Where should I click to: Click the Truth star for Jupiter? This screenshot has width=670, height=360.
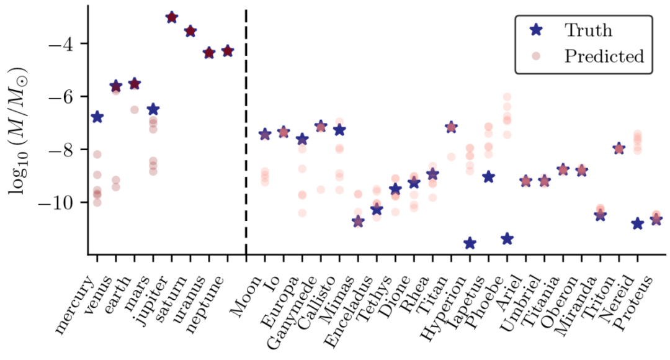click(172, 17)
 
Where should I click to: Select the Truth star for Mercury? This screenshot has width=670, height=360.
click(97, 117)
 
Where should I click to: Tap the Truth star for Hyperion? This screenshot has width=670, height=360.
click(470, 243)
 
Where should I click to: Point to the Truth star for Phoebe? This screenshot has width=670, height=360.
click(507, 238)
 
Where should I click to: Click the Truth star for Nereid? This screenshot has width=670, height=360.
click(637, 223)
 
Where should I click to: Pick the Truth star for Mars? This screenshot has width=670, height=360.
click(153, 109)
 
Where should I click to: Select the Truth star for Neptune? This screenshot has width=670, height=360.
click(228, 51)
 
